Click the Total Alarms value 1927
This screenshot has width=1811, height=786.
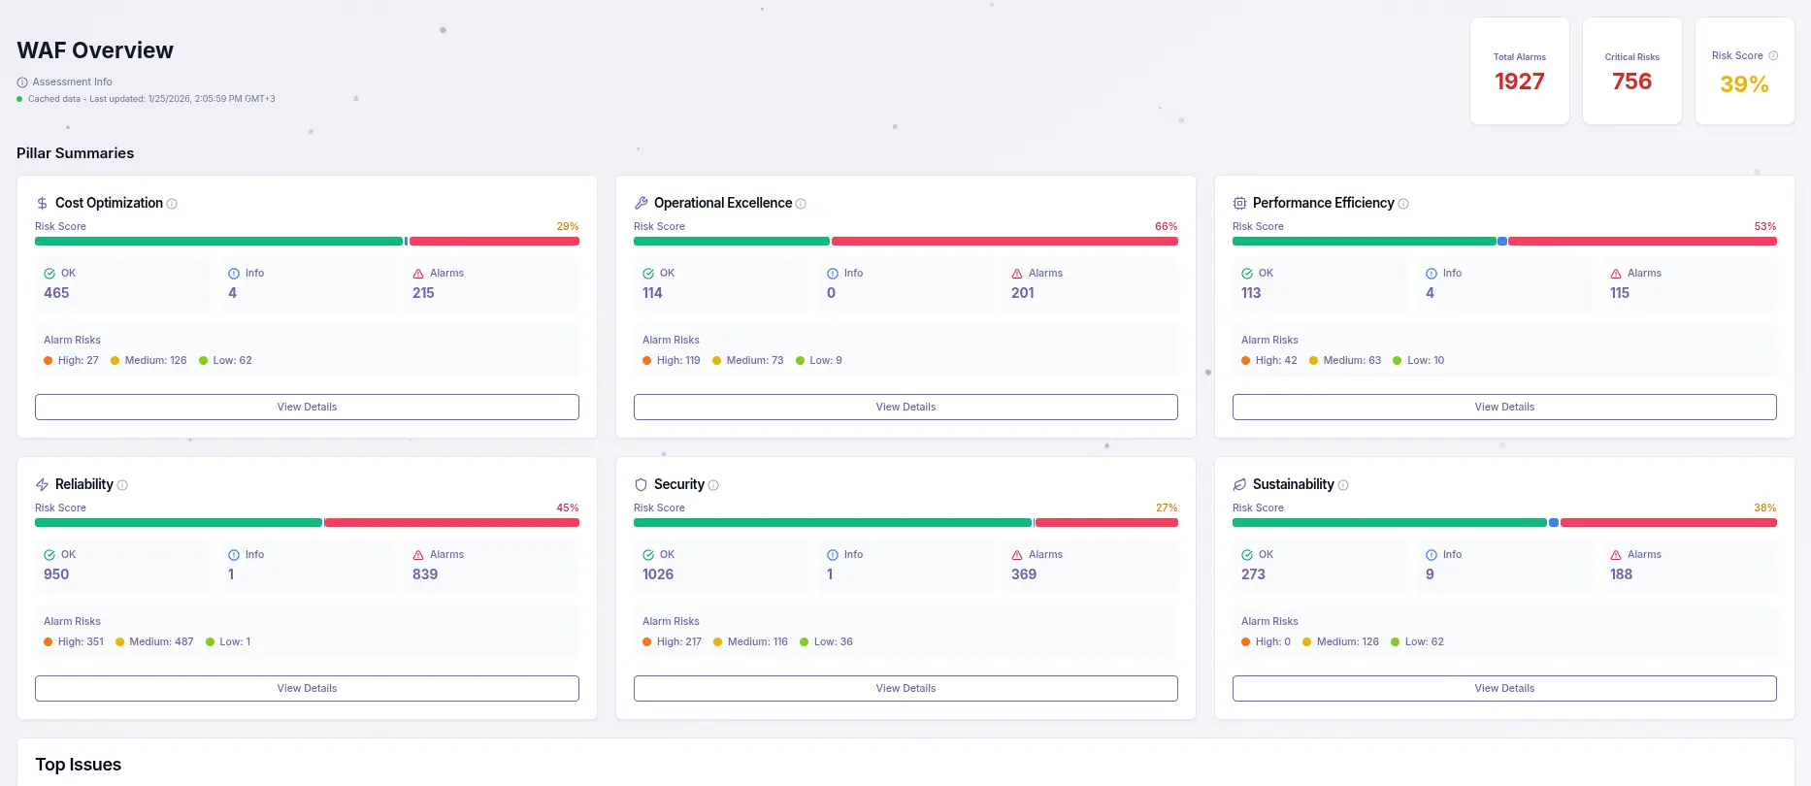[x=1519, y=82]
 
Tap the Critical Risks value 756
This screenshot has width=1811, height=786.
[x=1631, y=82]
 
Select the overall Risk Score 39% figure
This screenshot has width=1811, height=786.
[x=1744, y=84]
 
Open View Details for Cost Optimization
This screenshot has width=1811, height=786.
[x=307, y=407]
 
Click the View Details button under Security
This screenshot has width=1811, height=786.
[x=905, y=688]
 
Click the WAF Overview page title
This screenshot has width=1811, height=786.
[x=95, y=50]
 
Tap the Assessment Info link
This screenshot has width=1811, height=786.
[x=72, y=82]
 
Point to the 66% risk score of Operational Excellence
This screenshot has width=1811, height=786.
[x=1166, y=226]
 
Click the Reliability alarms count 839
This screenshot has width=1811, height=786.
[x=425, y=574]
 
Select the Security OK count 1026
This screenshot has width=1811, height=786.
[x=658, y=574]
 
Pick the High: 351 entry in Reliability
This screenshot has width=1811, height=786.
[x=80, y=641]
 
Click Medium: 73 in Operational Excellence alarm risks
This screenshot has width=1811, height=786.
[x=754, y=360]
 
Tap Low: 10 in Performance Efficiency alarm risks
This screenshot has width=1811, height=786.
[x=1425, y=360]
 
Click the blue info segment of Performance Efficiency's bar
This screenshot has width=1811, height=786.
[x=1502, y=241]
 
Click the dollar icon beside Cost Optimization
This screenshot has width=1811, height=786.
[x=42, y=203]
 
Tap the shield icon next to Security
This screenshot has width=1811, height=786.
[x=641, y=484]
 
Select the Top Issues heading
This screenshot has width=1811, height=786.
[x=79, y=765]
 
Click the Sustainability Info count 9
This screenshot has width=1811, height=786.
[x=1430, y=574]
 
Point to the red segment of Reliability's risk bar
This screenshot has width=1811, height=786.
[x=451, y=522]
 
